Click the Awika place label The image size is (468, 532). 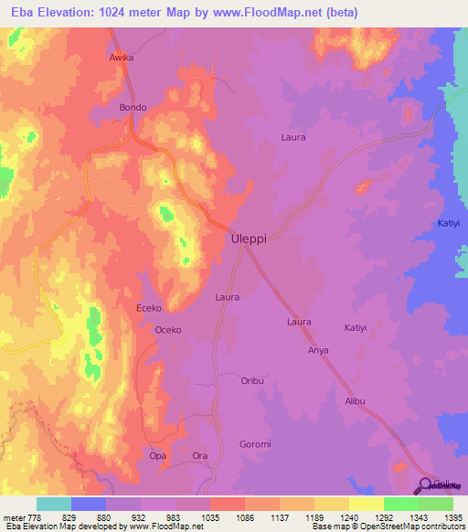pos(122,57)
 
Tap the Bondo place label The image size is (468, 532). pos(133,107)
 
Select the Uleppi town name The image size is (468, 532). pos(249,238)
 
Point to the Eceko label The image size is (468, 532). pos(150,308)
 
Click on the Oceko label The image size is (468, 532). pos(169,329)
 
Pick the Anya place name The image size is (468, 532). pos(318,350)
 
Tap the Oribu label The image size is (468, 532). pos(252,380)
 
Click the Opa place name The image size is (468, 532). pos(157,455)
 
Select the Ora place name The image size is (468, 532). pos(201,455)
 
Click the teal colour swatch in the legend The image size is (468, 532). pos(54,504)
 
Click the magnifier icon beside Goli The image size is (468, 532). pos(427,485)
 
